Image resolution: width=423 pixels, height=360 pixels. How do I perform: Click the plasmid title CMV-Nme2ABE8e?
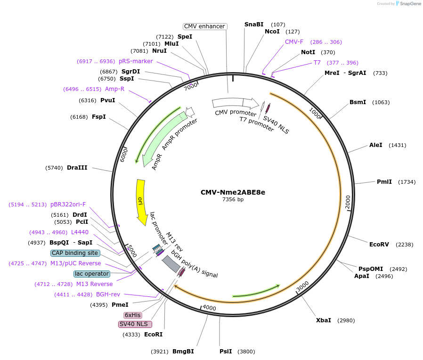point(233,192)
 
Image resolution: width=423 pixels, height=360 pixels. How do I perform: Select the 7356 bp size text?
point(233,199)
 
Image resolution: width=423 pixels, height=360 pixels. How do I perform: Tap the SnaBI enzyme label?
point(254,25)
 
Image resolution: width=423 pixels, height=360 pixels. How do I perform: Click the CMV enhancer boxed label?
point(204,26)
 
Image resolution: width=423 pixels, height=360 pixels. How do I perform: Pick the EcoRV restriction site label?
point(379,245)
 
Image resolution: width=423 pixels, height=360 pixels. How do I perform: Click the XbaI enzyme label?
point(323,320)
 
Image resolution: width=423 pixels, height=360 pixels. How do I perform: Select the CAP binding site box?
point(75,253)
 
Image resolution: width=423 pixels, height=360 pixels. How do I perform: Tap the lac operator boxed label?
point(92,274)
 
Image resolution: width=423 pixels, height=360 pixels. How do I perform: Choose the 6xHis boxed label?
point(133,315)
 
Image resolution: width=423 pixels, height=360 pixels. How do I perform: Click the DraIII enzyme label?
point(77,168)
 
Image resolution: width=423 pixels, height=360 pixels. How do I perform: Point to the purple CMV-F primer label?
point(294,42)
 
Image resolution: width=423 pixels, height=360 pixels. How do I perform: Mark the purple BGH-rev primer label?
point(108,295)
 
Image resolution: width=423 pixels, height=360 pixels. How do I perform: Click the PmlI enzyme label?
point(384,182)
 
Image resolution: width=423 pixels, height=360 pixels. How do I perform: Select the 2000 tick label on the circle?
point(347,201)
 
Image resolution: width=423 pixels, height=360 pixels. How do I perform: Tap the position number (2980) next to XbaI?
point(346,320)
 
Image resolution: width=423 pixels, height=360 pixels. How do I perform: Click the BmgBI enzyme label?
point(183,352)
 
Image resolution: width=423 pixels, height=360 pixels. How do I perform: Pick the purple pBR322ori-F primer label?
point(68,205)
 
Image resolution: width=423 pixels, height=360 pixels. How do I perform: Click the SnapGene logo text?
point(409,4)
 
